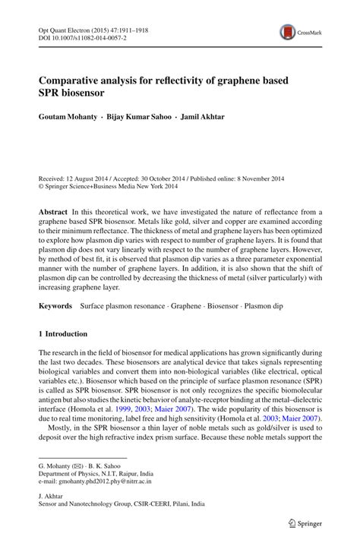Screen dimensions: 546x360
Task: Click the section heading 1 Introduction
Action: pyautogui.click(x=63, y=333)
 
